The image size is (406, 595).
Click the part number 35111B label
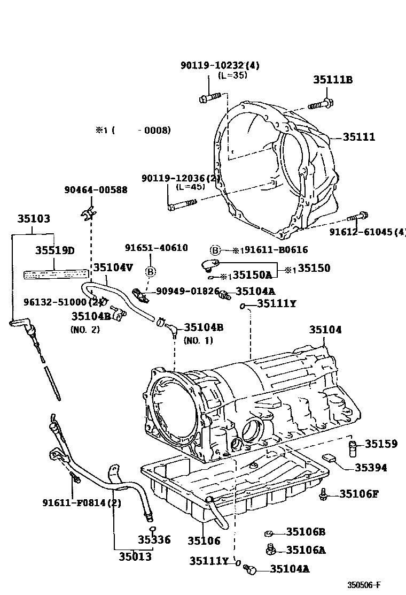pyautogui.click(x=332, y=80)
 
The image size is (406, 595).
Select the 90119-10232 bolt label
pyautogui.click(x=219, y=65)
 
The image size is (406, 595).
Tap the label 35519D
pyautogui.click(x=55, y=250)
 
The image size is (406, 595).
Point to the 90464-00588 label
pyautogui.click(x=96, y=189)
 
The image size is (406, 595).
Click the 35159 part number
pyautogui.click(x=381, y=444)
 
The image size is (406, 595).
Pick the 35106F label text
pyautogui.click(x=358, y=493)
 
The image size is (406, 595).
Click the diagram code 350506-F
pyautogui.click(x=365, y=585)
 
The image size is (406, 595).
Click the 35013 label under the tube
pyautogui.click(x=135, y=557)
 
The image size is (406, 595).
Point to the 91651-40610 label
pyautogui.click(x=157, y=248)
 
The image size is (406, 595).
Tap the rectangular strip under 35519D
pyautogui.click(x=54, y=273)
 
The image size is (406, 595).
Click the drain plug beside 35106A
pyautogui.click(x=271, y=549)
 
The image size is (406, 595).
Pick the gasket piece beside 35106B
pyautogui.click(x=270, y=532)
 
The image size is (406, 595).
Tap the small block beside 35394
pyautogui.click(x=329, y=459)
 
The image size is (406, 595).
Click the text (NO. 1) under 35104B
pyautogui.click(x=198, y=340)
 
